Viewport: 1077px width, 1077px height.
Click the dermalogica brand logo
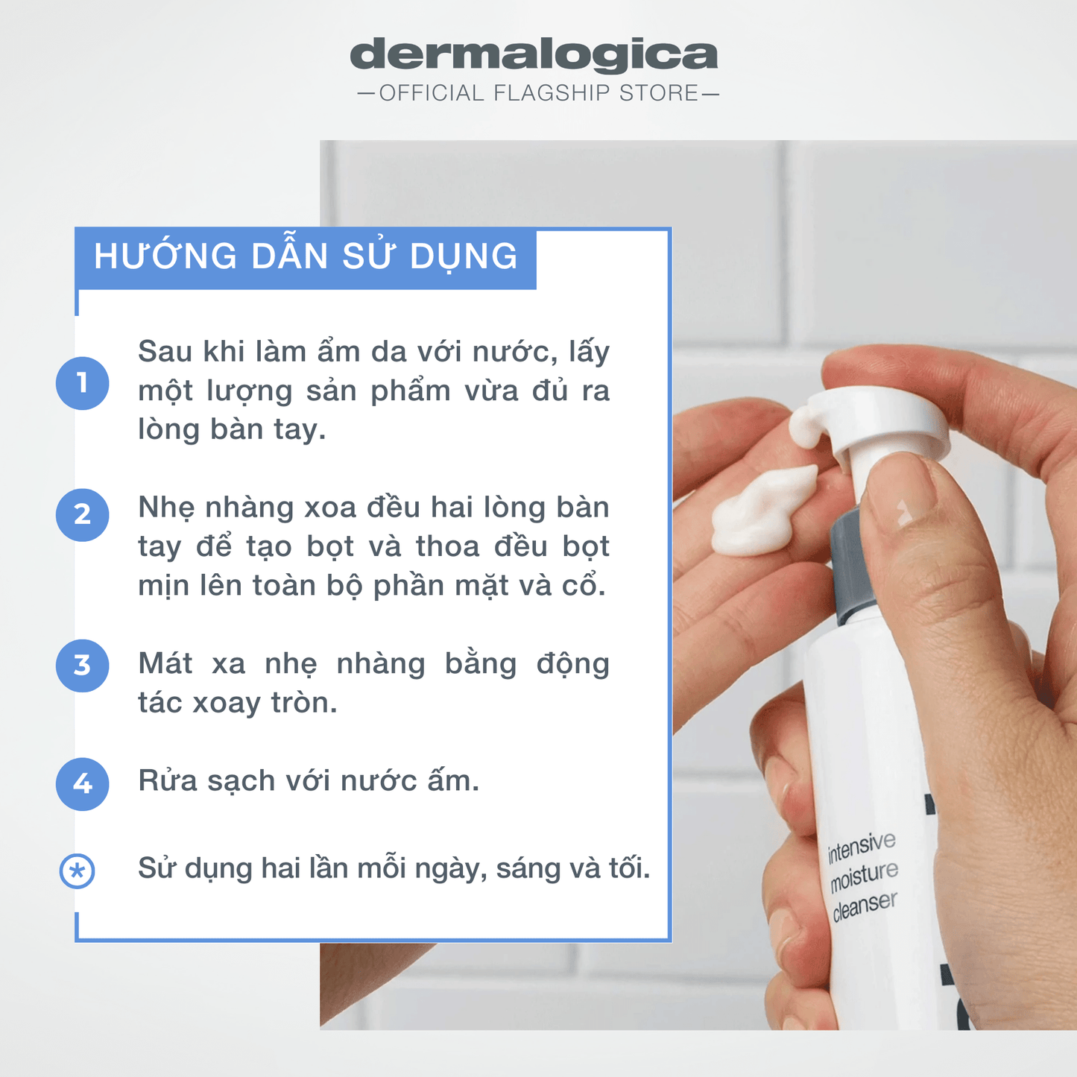click(x=534, y=55)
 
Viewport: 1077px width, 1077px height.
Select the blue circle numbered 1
click(x=82, y=383)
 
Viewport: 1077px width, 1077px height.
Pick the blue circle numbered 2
click(x=82, y=515)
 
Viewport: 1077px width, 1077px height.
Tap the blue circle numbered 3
click(x=82, y=666)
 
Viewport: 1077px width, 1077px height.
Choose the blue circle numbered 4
click(x=82, y=784)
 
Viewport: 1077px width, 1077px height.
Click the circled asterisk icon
click(x=77, y=871)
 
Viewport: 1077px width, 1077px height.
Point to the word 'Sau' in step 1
click(x=165, y=352)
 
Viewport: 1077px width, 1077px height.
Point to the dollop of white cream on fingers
click(x=763, y=511)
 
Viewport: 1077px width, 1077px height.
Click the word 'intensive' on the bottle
click(x=862, y=847)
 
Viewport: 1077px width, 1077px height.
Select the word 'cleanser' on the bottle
click(x=865, y=906)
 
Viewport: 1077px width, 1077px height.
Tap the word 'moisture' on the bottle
click(x=864, y=877)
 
